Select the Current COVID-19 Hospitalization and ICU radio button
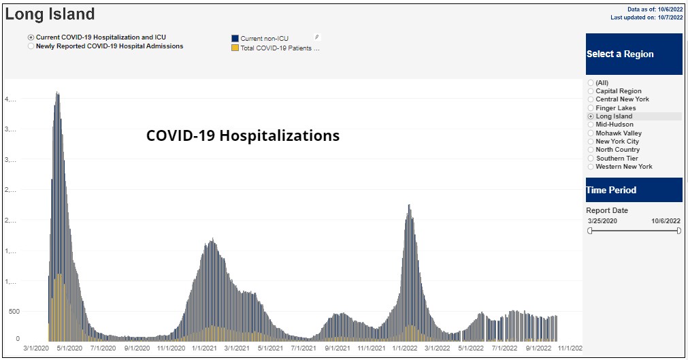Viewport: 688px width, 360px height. [x=31, y=37]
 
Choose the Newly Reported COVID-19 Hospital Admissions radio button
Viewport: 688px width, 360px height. [x=31, y=47]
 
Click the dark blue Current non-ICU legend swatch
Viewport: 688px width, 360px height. [x=235, y=39]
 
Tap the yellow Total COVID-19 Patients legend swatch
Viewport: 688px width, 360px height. [x=235, y=48]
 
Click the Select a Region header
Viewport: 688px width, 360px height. [x=634, y=54]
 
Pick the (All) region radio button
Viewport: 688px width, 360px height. [x=591, y=83]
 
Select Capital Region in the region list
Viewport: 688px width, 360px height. [x=618, y=91]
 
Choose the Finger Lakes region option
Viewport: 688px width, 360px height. [x=615, y=108]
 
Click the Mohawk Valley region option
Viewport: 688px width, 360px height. [x=619, y=133]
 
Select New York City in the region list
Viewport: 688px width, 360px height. [x=617, y=142]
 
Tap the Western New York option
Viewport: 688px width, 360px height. [x=623, y=167]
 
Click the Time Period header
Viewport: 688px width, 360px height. [x=634, y=190]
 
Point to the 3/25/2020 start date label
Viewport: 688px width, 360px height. [x=602, y=221]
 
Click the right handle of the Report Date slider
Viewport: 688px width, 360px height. [x=679, y=231]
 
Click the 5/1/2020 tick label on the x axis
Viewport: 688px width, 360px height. [x=69, y=348]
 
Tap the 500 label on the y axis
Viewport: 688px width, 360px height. [x=14, y=312]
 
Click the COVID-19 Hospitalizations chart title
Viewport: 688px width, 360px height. [x=243, y=136]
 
